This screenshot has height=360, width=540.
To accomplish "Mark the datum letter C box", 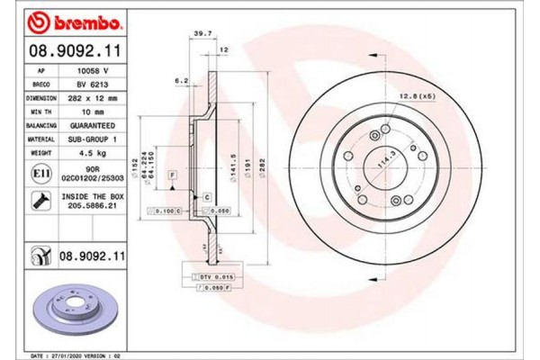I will (206, 195).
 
